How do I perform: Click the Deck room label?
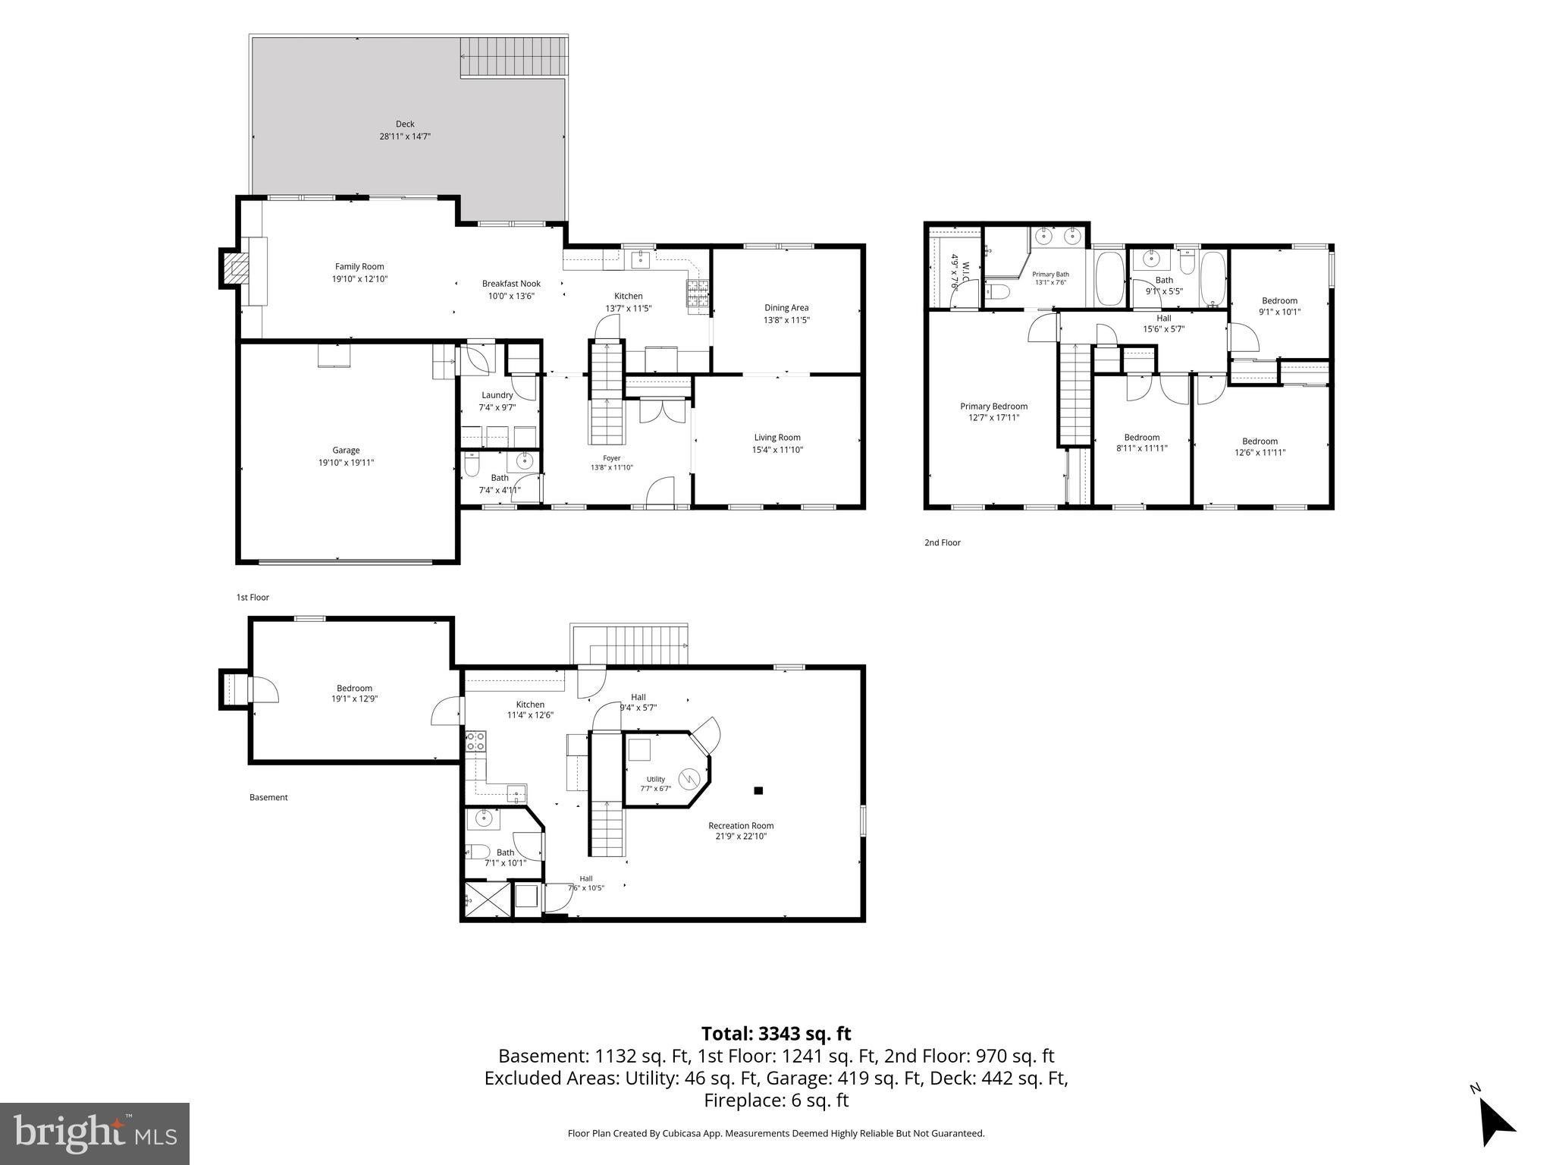tap(405, 124)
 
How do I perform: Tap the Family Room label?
tap(359, 266)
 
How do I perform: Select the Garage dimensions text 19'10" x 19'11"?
tap(346, 463)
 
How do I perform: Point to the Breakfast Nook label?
tap(511, 284)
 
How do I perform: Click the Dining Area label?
tap(786, 308)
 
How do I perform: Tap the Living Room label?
tap(777, 438)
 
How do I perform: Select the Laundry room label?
tap(497, 395)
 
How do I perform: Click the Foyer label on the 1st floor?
tap(611, 458)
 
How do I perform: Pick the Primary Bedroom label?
tap(993, 407)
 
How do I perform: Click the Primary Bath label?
tap(1050, 275)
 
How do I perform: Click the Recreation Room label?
tap(741, 826)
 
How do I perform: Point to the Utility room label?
tap(655, 779)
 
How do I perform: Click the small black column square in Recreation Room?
tap(758, 790)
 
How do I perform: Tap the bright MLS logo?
tap(95, 1133)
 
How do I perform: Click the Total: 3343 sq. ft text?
tap(776, 1034)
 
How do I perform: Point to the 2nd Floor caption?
tap(942, 543)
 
